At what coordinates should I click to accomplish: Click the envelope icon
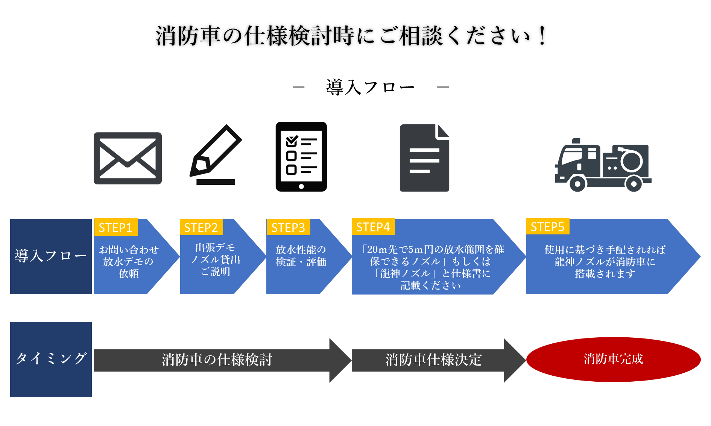pyautogui.click(x=128, y=158)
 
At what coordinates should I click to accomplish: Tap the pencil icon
pyautogui.click(x=216, y=155)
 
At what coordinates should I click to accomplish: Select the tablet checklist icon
pyautogui.click(x=301, y=156)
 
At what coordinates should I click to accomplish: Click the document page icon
pyautogui.click(x=424, y=158)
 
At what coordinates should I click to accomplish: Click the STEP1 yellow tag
pyautogui.click(x=115, y=228)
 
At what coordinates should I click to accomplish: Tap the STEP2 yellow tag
pyautogui.click(x=201, y=228)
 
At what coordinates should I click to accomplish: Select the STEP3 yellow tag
pyautogui.click(x=288, y=228)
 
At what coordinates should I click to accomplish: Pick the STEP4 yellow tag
pyautogui.click(x=373, y=227)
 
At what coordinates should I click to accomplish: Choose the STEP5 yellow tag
pyautogui.click(x=548, y=227)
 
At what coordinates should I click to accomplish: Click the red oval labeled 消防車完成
pyautogui.click(x=613, y=359)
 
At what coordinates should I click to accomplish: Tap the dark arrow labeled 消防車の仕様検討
pyautogui.click(x=217, y=360)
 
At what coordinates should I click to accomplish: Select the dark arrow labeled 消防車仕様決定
pyautogui.click(x=433, y=360)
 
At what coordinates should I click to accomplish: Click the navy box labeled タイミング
pyautogui.click(x=51, y=359)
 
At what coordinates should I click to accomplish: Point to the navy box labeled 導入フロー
pyautogui.click(x=51, y=256)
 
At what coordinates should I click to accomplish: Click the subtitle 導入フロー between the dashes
pyautogui.click(x=370, y=87)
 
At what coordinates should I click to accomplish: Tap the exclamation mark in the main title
pyautogui.click(x=542, y=36)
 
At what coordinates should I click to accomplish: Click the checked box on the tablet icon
pyautogui.click(x=292, y=142)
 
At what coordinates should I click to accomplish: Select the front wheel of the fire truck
pyautogui.click(x=577, y=184)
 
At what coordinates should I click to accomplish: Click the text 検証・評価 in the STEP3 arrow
pyautogui.click(x=301, y=262)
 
